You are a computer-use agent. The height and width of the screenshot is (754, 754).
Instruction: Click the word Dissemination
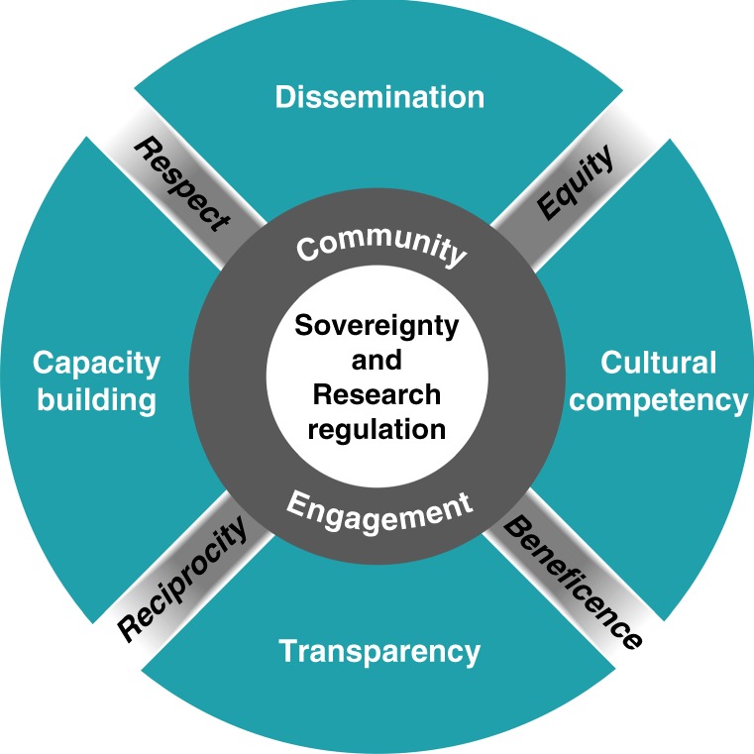tap(379, 97)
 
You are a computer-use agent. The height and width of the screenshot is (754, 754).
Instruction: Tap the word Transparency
tap(379, 652)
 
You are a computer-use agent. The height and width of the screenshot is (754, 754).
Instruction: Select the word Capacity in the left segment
tap(96, 364)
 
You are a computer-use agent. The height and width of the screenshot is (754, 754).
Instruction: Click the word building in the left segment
tap(96, 399)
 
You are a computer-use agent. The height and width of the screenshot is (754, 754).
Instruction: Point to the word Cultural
tap(659, 363)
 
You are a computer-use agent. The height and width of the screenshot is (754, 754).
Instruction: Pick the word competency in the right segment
tap(659, 400)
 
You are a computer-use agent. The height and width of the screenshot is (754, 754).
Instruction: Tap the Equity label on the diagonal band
tap(576, 183)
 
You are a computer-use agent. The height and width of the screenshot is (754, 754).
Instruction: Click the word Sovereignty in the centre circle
tap(377, 325)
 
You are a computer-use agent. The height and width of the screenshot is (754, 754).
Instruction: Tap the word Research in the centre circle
tap(377, 394)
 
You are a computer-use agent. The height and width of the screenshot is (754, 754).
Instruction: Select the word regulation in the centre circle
tap(377, 429)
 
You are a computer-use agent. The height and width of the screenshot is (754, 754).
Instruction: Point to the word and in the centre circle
tap(377, 360)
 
